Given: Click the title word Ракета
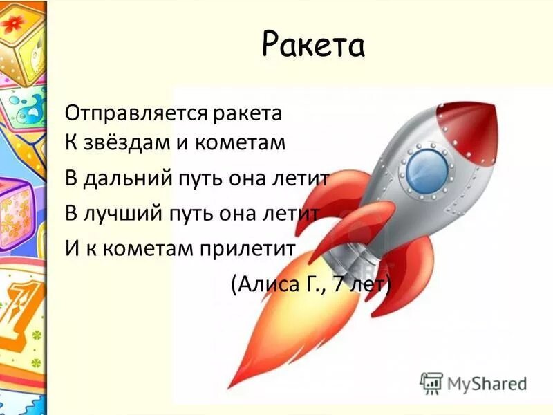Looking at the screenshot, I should tap(313, 45).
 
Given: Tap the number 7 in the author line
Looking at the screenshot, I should tap(339, 283).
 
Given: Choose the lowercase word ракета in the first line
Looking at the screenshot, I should tap(247, 111).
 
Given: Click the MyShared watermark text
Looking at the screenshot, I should tap(487, 383).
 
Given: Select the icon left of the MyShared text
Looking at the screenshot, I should tap(431, 382).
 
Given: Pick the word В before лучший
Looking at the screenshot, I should tap(72, 213).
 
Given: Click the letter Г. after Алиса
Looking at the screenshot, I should tap(311, 283).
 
